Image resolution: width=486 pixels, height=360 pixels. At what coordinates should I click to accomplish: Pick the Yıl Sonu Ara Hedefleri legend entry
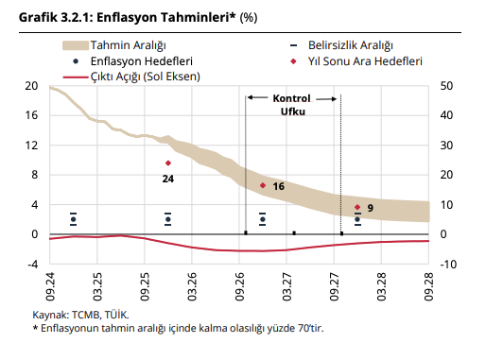[363, 60]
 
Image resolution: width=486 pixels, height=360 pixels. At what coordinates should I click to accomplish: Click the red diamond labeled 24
[168, 163]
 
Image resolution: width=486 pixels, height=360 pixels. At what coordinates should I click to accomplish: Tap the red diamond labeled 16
[263, 185]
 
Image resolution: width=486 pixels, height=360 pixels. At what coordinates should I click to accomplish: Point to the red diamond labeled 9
[357, 207]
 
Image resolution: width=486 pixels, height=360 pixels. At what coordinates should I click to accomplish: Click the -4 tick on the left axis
[30, 264]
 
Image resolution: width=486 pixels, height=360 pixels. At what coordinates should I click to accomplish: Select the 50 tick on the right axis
[446, 86]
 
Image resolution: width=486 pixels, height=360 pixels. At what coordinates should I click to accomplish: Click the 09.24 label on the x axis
[48, 286]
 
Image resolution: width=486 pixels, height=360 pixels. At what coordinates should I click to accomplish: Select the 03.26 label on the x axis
[192, 286]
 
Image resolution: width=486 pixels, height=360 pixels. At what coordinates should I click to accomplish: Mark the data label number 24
[167, 178]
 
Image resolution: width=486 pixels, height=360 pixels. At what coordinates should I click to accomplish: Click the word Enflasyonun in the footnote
[71, 328]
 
